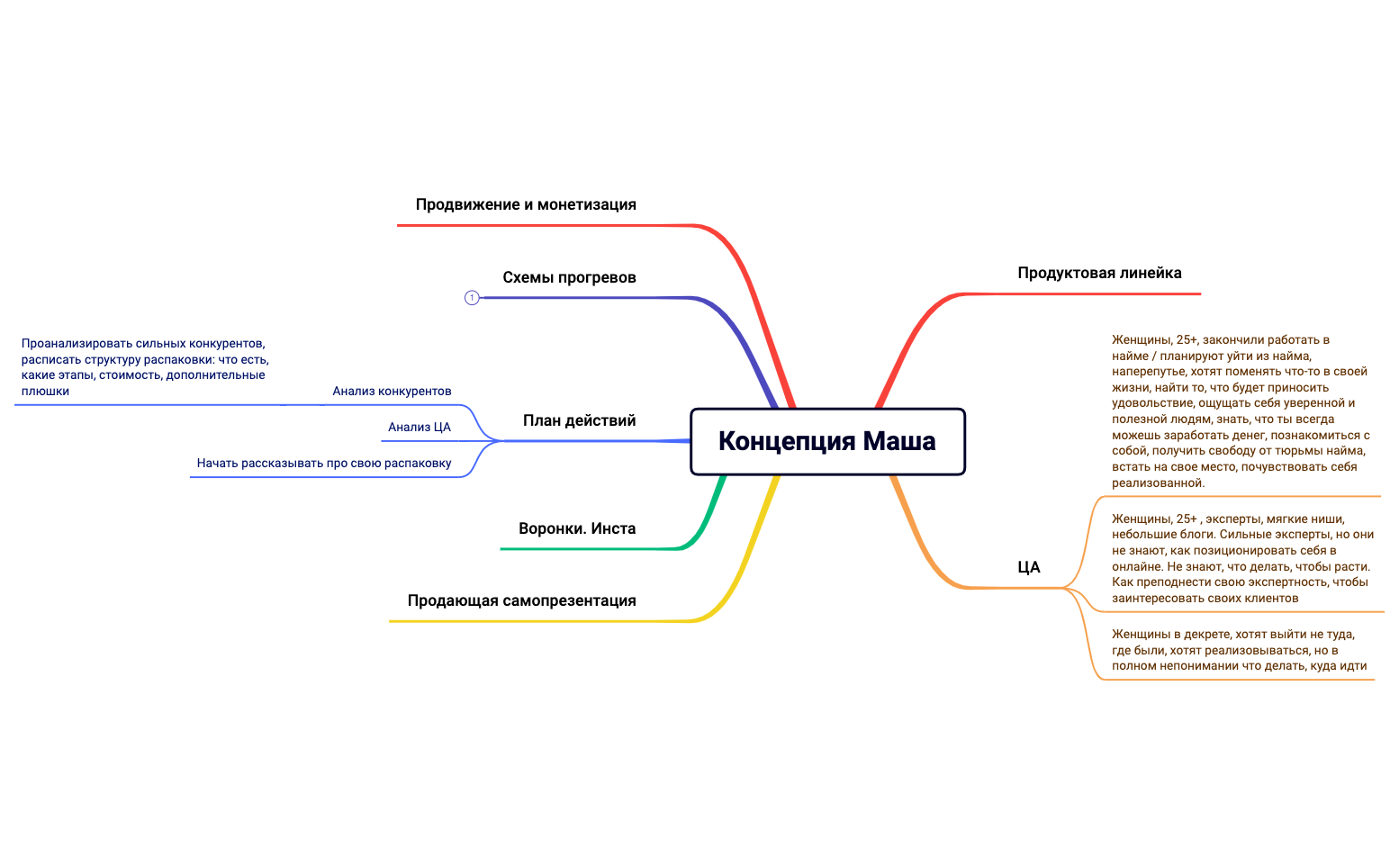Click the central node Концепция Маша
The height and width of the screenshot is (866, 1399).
click(x=827, y=441)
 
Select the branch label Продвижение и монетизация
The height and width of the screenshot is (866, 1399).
click(x=526, y=204)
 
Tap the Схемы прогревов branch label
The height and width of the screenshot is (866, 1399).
click(x=569, y=277)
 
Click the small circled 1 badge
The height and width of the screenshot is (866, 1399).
click(x=472, y=298)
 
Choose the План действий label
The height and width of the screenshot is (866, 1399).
click(x=579, y=420)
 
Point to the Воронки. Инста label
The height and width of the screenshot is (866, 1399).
click(x=577, y=528)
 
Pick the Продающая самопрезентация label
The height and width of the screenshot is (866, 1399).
click(x=521, y=600)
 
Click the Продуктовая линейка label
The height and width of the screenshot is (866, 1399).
click(x=1099, y=273)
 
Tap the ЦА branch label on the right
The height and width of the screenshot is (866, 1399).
click(x=1029, y=567)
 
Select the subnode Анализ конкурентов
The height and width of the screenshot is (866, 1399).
click(x=392, y=391)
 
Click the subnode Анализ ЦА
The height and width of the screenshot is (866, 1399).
click(x=420, y=427)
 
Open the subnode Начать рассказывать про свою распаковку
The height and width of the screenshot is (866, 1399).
click(x=324, y=463)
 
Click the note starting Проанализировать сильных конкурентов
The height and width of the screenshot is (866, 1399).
click(x=144, y=367)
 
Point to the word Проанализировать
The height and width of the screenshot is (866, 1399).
click(x=77, y=343)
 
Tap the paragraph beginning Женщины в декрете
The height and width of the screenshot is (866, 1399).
click(x=1239, y=650)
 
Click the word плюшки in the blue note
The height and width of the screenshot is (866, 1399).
click(x=45, y=392)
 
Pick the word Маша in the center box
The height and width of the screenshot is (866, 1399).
click(x=899, y=441)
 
